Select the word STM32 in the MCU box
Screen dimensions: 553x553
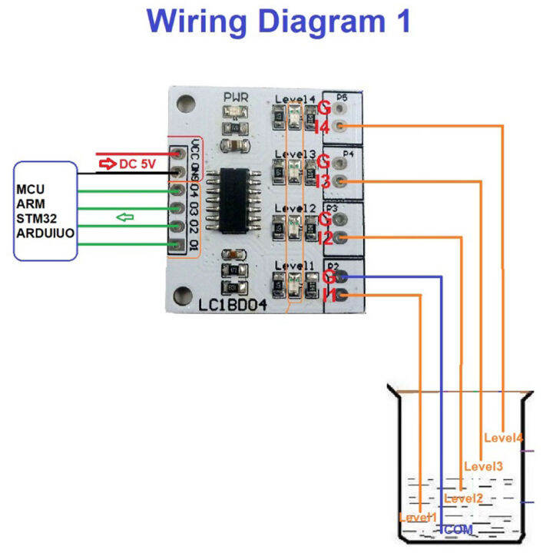point(37,217)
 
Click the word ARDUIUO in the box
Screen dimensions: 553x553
point(45,231)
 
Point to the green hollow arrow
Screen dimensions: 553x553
point(124,217)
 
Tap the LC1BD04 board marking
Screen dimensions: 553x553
point(233,305)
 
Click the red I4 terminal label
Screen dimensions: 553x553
point(323,127)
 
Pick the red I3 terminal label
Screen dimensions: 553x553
point(323,182)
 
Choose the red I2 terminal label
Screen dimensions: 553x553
point(323,239)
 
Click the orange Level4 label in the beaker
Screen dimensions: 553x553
point(504,438)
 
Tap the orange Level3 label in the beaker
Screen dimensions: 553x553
point(483,466)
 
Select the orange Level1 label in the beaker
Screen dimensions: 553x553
point(418,518)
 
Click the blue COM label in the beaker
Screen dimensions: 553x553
point(458,530)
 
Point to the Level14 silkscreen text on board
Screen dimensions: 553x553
point(295,99)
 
